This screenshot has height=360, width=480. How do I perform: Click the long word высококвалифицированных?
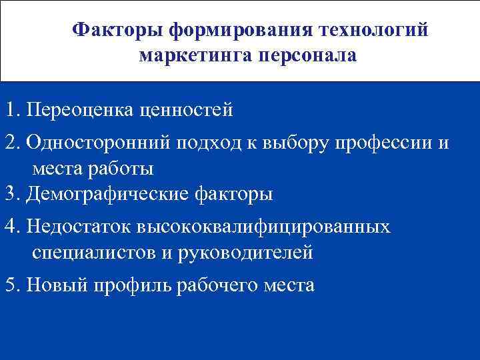click(x=264, y=227)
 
